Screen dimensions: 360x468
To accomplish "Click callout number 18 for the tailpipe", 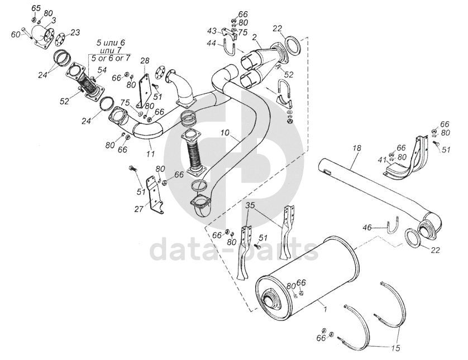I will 357,148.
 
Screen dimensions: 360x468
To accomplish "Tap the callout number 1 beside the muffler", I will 323,306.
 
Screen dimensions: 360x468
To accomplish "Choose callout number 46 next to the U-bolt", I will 367,228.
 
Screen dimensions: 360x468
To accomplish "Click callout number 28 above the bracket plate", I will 145,60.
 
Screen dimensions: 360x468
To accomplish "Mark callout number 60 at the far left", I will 16,35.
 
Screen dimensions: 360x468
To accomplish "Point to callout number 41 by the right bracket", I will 382,160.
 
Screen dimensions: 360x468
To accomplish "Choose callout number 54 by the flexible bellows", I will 102,70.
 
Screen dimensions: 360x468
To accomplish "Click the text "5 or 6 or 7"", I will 110,58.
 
